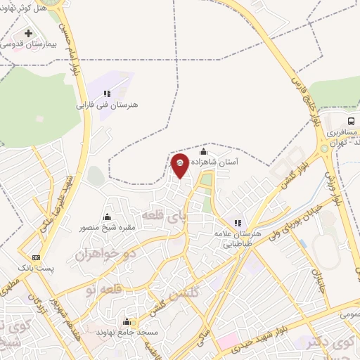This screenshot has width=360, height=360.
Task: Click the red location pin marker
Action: pos(180,165)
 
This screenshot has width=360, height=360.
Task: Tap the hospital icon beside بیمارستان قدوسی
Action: pos(28,33)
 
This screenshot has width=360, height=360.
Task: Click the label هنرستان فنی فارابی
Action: pos(108,105)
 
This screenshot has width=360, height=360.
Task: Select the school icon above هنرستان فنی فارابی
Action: pos(107,94)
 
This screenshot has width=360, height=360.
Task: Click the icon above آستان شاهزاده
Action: pos(204,151)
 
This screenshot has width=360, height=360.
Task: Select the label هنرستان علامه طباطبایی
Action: pos(242,239)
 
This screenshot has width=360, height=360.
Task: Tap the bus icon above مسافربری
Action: pos(352,121)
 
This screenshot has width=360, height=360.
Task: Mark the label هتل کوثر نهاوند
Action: pos(26,7)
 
